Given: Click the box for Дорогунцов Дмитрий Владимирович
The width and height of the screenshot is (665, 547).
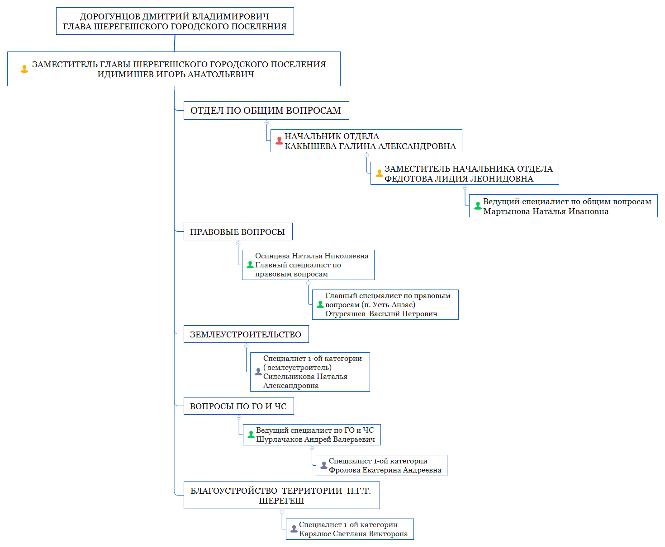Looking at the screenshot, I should click(x=175, y=21).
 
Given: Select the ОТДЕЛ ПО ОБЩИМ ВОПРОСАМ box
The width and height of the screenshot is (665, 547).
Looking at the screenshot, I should click(x=266, y=111).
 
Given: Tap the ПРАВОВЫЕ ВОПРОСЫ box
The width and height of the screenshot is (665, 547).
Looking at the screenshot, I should click(x=237, y=232).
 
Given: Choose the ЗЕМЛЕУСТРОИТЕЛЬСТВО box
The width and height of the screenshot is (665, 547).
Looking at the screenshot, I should click(x=246, y=334).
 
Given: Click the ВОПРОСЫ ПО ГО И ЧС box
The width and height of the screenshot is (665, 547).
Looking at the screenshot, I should click(x=238, y=406).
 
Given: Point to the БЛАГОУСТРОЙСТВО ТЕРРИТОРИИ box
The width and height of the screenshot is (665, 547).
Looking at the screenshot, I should click(x=281, y=496).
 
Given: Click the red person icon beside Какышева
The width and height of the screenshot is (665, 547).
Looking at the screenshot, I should click(x=279, y=141).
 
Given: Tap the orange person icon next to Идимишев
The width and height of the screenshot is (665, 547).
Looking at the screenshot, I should click(x=24, y=69).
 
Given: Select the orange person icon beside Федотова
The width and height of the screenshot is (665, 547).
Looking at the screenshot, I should click(x=379, y=173).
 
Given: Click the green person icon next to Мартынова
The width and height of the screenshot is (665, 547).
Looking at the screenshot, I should click(x=478, y=206).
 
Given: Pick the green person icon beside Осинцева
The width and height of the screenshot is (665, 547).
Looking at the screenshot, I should click(x=250, y=265).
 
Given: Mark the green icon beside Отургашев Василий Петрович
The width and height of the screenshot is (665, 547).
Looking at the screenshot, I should click(x=320, y=304).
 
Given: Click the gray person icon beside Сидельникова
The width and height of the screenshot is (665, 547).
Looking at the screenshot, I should click(x=258, y=372).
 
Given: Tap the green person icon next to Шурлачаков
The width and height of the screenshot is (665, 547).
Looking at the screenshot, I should click(x=251, y=435).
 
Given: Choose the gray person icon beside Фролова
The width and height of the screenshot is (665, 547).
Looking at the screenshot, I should click(x=324, y=465).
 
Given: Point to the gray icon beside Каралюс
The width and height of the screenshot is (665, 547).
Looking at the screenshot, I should click(x=294, y=529).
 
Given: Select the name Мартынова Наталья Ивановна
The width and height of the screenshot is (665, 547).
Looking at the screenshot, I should click(x=546, y=211).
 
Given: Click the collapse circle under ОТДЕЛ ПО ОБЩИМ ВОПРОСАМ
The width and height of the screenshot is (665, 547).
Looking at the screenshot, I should click(x=266, y=122).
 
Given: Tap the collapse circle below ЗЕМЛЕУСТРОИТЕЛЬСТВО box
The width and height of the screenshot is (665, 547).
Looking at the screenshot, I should click(x=246, y=346).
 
